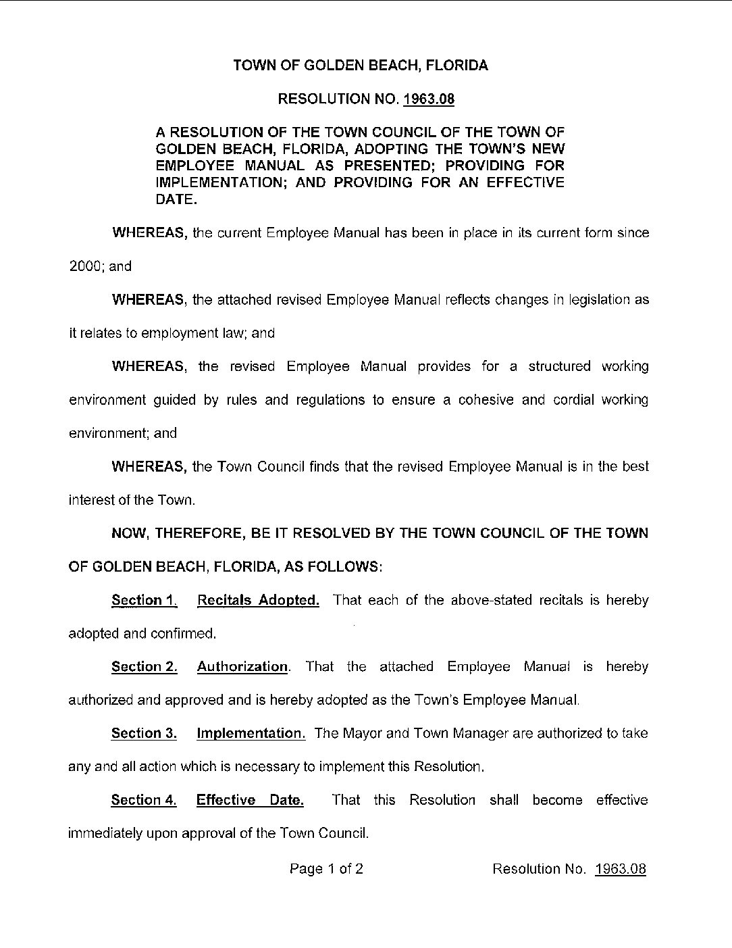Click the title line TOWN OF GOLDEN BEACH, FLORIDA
coord(360,66)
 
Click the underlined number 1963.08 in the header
coord(429,99)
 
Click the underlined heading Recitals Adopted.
coord(258,600)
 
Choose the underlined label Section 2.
coord(145,667)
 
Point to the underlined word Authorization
coord(242,667)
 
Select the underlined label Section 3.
coord(144,733)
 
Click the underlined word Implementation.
coord(251,733)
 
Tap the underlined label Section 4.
coord(144,800)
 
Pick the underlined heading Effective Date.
coord(250,800)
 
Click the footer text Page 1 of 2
coord(326,869)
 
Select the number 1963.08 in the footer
coord(620,869)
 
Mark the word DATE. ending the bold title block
coord(176,200)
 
